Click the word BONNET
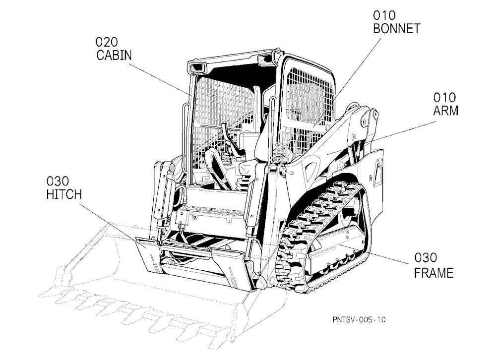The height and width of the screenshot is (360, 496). click(x=396, y=28)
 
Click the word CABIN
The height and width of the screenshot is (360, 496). click(x=114, y=55)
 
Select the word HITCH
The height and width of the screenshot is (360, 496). click(x=64, y=194)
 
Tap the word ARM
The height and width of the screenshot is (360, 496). click(x=445, y=111)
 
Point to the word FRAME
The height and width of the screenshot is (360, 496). click(x=434, y=273)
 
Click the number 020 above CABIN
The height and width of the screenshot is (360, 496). click(x=107, y=42)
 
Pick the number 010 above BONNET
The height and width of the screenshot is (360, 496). click(x=384, y=15)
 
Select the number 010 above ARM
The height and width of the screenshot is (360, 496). click(x=444, y=97)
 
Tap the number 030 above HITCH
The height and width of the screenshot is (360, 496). click(x=58, y=181)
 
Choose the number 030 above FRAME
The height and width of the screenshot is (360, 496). click(x=426, y=258)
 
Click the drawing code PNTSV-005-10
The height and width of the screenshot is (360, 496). click(x=359, y=319)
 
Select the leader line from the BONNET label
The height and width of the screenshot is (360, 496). click(x=347, y=83)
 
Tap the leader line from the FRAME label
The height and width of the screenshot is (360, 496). click(x=374, y=254)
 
